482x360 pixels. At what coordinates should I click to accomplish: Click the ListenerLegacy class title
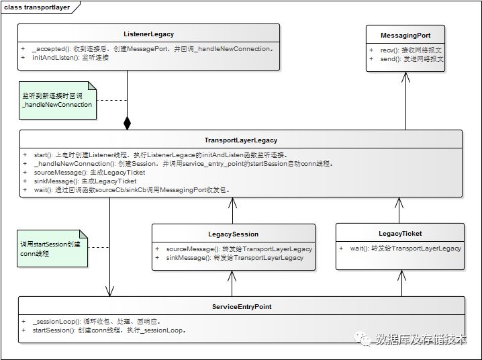click(x=149, y=34)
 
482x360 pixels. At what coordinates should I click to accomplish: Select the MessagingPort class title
click(x=405, y=35)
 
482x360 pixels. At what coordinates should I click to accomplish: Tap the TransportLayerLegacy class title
click(x=240, y=140)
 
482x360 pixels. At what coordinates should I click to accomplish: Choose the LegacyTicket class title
click(x=400, y=233)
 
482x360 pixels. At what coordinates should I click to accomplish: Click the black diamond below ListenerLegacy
click(x=127, y=123)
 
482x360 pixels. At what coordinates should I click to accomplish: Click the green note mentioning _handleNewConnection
click(x=58, y=100)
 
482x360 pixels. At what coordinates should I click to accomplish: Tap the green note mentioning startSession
click(x=51, y=248)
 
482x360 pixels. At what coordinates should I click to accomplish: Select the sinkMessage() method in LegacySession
click(x=235, y=257)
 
